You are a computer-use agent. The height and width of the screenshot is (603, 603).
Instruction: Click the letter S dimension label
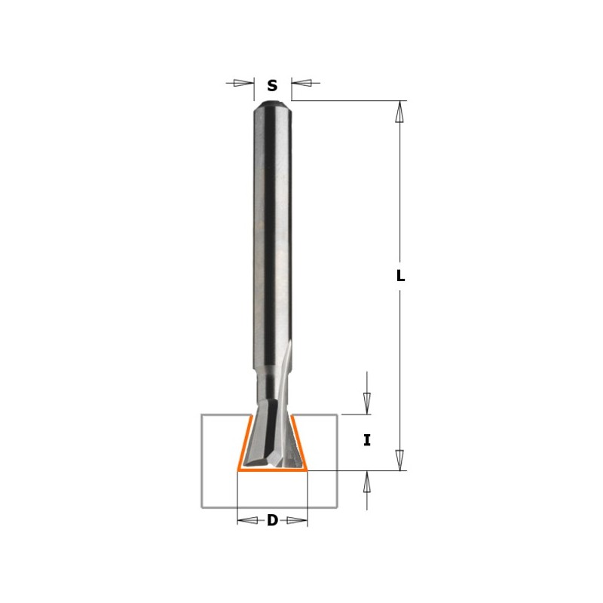click(272, 85)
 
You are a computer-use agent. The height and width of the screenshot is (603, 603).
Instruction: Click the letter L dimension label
click(400, 275)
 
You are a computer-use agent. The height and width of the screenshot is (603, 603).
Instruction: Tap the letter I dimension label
click(367, 440)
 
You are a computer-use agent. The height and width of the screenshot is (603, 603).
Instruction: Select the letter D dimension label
click(272, 521)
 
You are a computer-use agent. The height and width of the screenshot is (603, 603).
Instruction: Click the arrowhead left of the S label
click(243, 83)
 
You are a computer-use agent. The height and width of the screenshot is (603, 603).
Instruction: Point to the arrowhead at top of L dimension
click(400, 112)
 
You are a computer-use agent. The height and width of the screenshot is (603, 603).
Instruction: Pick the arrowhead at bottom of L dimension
click(400, 460)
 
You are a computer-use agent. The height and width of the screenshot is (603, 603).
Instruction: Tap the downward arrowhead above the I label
click(367, 404)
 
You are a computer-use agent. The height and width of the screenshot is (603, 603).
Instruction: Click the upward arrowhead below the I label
click(367, 481)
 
